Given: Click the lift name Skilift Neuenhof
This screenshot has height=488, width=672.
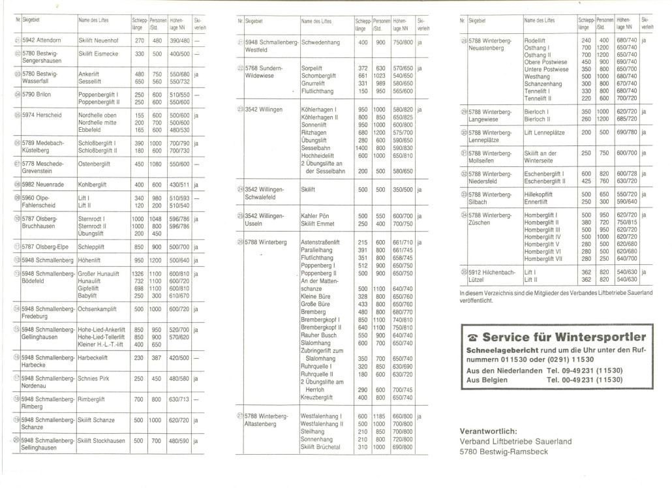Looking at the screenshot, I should click(98, 40).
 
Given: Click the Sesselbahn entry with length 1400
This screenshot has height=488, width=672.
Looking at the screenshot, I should click(316, 148).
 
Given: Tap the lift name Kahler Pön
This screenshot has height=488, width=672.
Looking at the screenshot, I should click(316, 215).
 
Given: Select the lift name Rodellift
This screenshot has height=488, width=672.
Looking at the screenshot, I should click(537, 40).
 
